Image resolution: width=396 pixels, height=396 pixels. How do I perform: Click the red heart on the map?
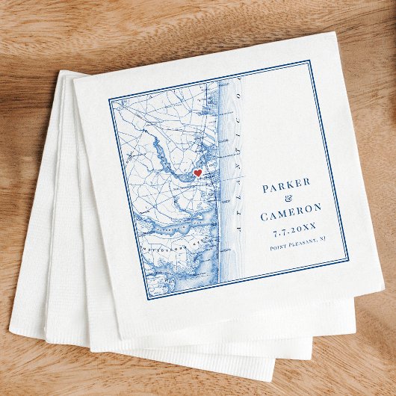pos(198,173)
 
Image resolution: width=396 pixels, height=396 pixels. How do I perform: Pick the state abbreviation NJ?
pos(323,238)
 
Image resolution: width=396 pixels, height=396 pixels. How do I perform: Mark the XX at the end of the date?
pos(312,223)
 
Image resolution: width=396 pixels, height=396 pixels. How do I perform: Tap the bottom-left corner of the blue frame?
pos(146,299)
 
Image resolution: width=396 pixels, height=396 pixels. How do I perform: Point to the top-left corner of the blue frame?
pos(109,98)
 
